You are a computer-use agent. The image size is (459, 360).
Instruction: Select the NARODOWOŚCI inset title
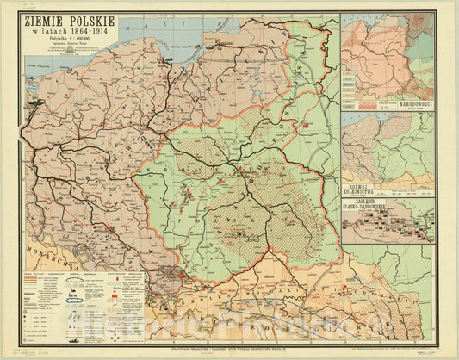point(405,104)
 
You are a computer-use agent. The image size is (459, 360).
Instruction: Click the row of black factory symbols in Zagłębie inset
point(388,226)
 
